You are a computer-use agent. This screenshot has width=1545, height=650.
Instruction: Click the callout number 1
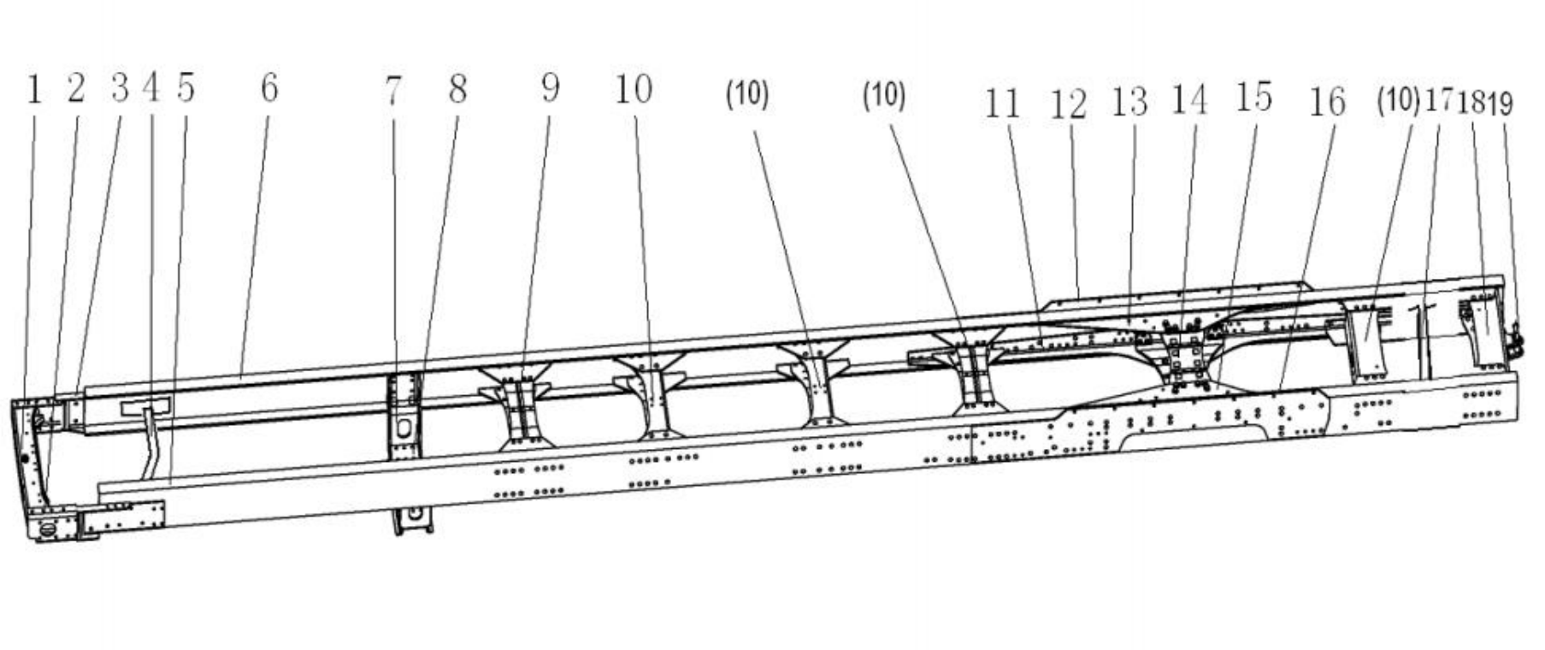pyautogui.click(x=34, y=90)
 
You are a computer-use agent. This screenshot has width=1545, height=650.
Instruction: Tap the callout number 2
pyautogui.click(x=76, y=88)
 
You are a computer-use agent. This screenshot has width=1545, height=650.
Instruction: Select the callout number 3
pyautogui.click(x=120, y=88)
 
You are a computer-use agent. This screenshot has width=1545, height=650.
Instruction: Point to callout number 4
pyautogui.click(x=151, y=88)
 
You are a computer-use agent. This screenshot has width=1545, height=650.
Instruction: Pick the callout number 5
pyautogui.click(x=186, y=88)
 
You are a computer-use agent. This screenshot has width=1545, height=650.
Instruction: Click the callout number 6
pyautogui.click(x=269, y=88)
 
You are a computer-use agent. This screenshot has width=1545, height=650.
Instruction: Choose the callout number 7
pyautogui.click(x=392, y=91)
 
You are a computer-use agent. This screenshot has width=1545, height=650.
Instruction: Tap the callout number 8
pyautogui.click(x=458, y=89)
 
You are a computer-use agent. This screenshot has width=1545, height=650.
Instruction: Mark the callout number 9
pyautogui.click(x=551, y=88)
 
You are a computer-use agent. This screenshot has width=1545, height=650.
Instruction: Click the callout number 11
pyautogui.click(x=1003, y=104)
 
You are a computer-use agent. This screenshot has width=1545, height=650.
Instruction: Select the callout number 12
pyautogui.click(x=1069, y=104)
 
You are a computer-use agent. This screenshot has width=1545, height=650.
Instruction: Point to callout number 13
pyautogui.click(x=1129, y=103)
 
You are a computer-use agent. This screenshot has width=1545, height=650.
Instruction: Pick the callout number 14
pyautogui.click(x=1189, y=100)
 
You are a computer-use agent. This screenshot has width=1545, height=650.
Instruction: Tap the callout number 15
pyautogui.click(x=1253, y=97)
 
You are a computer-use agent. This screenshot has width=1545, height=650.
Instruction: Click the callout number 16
pyautogui.click(x=1327, y=103)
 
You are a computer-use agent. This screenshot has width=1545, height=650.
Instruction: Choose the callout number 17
pyautogui.click(x=1438, y=101)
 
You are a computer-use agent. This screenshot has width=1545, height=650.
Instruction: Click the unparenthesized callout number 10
pyautogui.click(x=634, y=89)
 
